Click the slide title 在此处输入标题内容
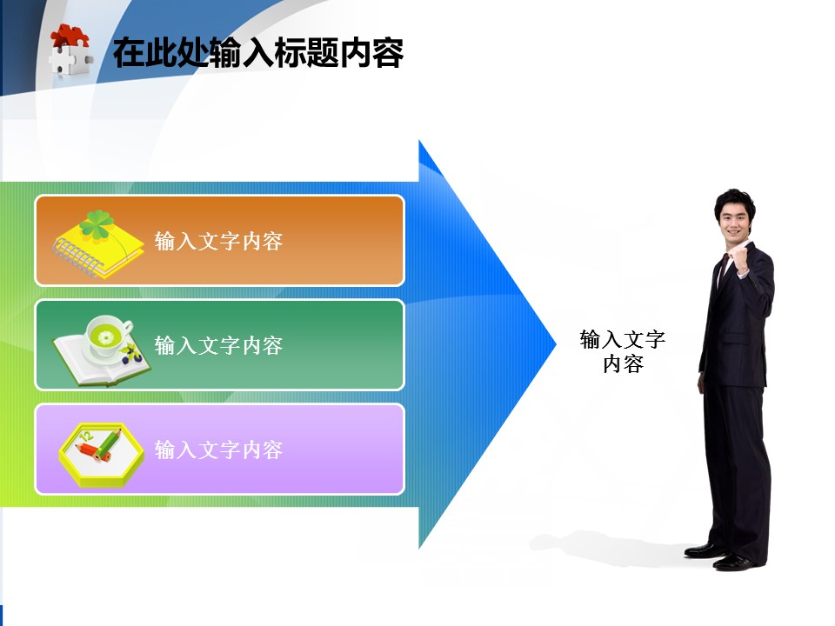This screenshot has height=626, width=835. [258, 52]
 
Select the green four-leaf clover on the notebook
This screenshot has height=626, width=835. [97, 223]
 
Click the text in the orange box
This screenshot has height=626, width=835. [218, 241]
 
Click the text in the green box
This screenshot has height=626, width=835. [218, 345]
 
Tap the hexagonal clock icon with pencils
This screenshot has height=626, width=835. [101, 455]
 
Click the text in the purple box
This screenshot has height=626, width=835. [218, 450]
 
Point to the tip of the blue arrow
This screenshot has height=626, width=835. [556, 344]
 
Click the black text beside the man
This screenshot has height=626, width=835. [623, 351]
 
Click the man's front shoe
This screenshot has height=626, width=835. [734, 563]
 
